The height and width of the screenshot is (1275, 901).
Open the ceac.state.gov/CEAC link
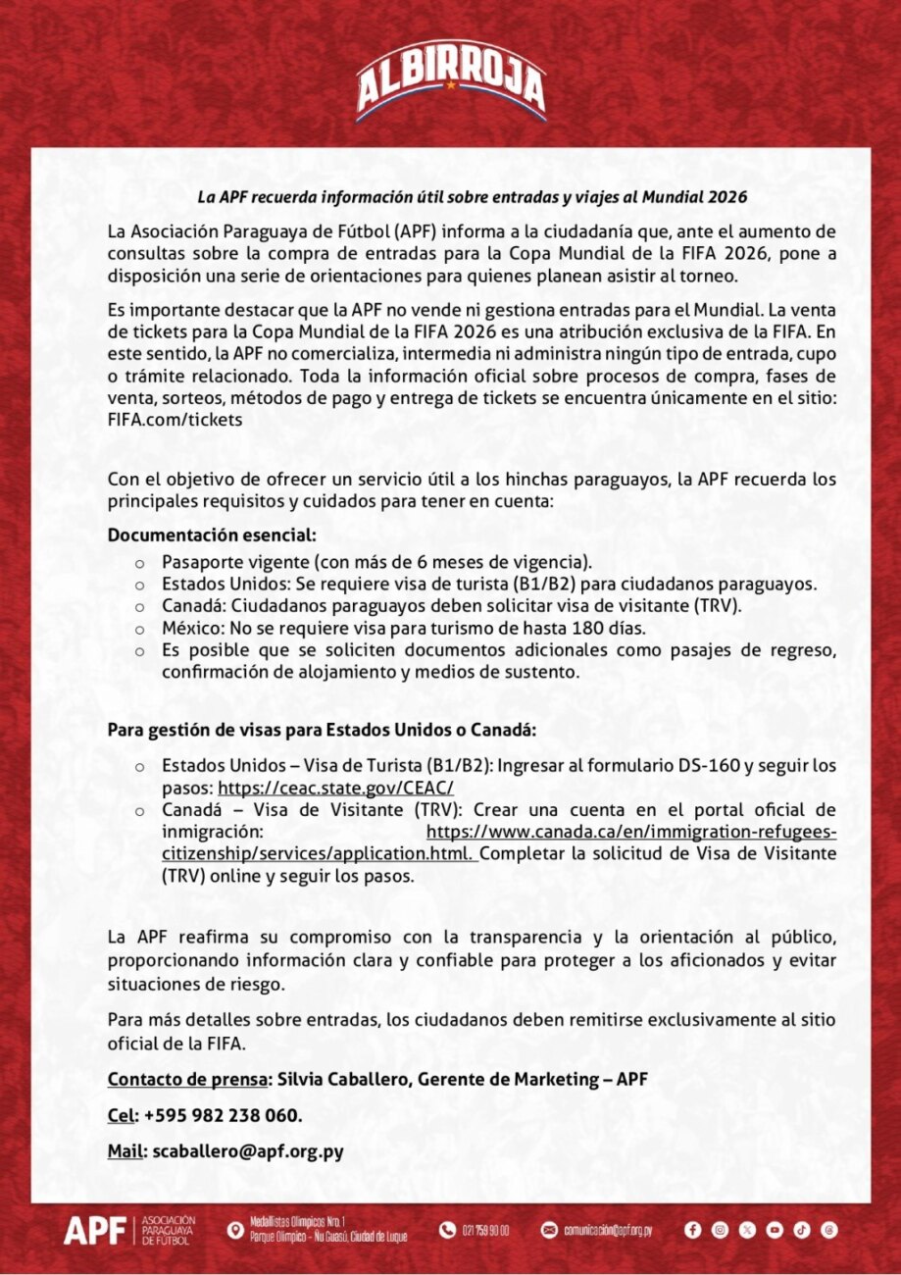[335, 788]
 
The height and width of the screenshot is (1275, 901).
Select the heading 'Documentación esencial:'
[212, 535]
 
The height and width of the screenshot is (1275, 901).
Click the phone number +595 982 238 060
[223, 1116]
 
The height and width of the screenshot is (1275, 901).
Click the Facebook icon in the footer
[692, 1229]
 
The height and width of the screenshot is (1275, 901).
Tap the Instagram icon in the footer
[720, 1229]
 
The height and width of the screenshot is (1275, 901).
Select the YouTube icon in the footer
[775, 1229]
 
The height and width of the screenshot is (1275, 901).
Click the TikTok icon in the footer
[802, 1229]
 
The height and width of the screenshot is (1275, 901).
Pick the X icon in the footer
[747, 1229]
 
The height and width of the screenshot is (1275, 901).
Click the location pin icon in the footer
[234, 1230]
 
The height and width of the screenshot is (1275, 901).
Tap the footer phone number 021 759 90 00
[484, 1230]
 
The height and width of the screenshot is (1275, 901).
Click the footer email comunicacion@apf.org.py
[607, 1230]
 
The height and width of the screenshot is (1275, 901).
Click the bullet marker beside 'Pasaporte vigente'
[139, 564]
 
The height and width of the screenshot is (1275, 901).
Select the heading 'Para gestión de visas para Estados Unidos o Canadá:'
[322, 731]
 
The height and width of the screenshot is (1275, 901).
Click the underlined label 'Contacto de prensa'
[187, 1080]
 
